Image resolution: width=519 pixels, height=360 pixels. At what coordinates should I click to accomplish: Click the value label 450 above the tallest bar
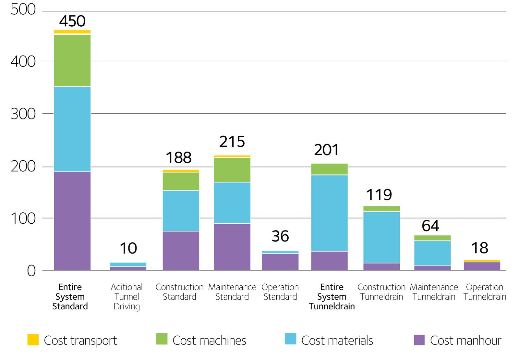pos(72,21)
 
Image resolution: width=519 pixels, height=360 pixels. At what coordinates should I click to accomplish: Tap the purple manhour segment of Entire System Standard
pos(72,221)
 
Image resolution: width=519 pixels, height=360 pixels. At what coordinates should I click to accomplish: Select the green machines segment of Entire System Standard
pos(72,60)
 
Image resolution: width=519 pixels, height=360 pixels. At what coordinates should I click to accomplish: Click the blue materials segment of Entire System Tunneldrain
pos(329,213)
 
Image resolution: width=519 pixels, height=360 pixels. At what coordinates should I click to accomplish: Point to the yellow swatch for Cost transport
pos(33,340)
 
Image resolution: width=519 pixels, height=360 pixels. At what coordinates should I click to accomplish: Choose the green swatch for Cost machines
pos(162,339)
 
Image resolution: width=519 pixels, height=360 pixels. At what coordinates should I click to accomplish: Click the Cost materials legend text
pos(337,341)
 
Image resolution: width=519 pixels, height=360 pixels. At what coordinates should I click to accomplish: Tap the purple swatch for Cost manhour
pos(419,340)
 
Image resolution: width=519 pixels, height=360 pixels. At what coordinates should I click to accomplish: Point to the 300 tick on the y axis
pos(23,114)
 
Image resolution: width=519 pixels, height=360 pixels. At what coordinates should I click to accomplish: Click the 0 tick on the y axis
pos(31,271)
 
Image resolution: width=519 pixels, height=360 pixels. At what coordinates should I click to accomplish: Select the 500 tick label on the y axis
pos(23,9)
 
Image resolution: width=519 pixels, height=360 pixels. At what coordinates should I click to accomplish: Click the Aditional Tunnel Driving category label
pos(127,297)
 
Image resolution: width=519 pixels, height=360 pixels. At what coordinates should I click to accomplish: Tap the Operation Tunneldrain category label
pos(485,292)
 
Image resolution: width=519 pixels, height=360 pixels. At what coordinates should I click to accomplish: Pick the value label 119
pos(379,195)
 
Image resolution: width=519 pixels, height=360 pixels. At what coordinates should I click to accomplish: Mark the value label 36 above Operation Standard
pos(280,236)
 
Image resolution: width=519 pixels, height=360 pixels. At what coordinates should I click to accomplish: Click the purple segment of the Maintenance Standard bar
pos(232,247)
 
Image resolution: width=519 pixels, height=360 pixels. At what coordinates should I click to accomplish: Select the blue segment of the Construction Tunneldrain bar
pos(381,237)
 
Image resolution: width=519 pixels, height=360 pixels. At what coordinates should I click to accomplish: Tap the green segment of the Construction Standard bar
pos(181,181)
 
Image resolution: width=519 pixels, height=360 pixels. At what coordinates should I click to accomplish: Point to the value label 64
pos(430,226)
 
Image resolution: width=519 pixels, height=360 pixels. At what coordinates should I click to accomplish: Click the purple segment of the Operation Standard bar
pos(280,262)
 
